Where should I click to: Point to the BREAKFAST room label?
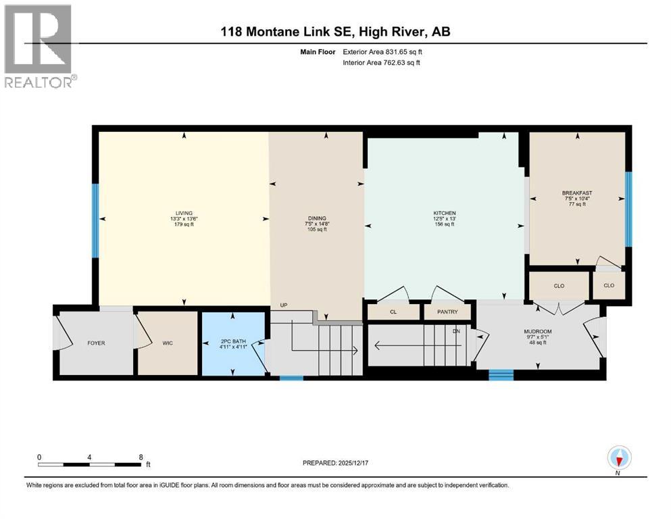tap(576, 193)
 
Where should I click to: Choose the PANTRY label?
tap(447, 312)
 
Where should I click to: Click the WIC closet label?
tap(168, 343)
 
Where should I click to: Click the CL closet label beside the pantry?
tap(393, 312)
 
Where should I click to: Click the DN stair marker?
tap(456, 331)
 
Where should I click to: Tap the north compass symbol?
tap(618, 458)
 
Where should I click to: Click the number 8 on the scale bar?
tap(140, 457)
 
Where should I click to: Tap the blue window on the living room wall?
tap(95, 220)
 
